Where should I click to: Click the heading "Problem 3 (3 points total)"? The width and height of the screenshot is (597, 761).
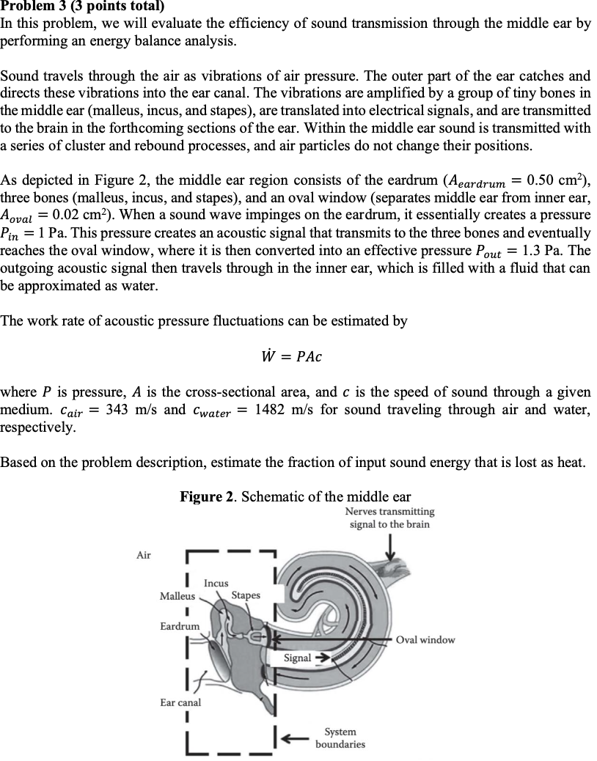click(x=83, y=7)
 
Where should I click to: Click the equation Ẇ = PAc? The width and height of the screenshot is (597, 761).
click(x=291, y=357)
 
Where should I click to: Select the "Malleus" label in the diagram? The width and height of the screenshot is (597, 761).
click(x=176, y=597)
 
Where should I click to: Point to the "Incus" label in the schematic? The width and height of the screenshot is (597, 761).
click(x=216, y=584)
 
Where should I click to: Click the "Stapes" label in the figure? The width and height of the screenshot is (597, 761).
click(x=246, y=595)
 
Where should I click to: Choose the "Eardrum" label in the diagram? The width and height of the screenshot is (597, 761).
click(x=180, y=626)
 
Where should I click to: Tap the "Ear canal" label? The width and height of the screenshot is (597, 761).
click(x=180, y=702)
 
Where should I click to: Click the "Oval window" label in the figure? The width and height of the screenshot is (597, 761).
click(x=425, y=640)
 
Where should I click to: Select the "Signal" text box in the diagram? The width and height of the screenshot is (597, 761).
click(x=297, y=658)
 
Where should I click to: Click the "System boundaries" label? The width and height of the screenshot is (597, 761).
click(x=340, y=738)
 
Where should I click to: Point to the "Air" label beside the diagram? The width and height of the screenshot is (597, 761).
click(x=144, y=555)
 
